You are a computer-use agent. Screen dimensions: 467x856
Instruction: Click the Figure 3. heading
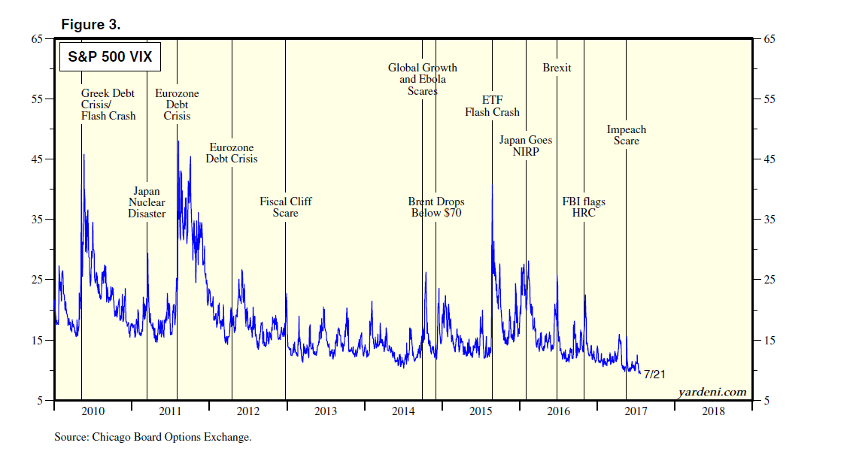(x=90, y=25)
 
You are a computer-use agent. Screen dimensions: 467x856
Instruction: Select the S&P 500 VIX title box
(x=107, y=57)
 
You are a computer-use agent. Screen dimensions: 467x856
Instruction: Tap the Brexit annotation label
(x=557, y=68)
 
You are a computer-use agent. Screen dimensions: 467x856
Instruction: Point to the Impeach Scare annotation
(x=626, y=135)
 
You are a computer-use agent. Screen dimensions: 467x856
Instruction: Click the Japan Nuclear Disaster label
(x=147, y=202)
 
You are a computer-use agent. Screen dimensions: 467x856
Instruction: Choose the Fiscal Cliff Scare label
(x=286, y=207)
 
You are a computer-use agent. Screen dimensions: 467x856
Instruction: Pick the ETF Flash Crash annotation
(x=492, y=106)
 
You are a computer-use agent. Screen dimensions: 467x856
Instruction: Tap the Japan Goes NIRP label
(x=525, y=146)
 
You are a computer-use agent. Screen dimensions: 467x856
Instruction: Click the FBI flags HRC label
(x=584, y=207)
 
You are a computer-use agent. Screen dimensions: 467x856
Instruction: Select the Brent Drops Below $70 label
(x=436, y=207)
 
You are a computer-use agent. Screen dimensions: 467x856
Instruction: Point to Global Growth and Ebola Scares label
(x=422, y=79)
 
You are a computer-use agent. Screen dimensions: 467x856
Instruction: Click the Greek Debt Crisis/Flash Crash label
(x=108, y=105)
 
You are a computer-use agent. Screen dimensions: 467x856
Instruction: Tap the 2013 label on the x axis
(x=326, y=411)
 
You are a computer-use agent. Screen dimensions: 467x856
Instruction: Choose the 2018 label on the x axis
(x=712, y=411)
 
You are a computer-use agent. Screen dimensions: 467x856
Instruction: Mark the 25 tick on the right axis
(x=767, y=281)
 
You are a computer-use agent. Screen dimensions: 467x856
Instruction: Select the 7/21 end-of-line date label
(x=654, y=375)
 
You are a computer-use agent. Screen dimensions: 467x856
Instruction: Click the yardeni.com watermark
(x=712, y=392)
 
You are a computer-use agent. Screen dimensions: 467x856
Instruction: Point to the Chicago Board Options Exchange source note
(x=153, y=437)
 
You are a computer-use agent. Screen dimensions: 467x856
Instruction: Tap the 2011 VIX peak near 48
(x=178, y=142)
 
